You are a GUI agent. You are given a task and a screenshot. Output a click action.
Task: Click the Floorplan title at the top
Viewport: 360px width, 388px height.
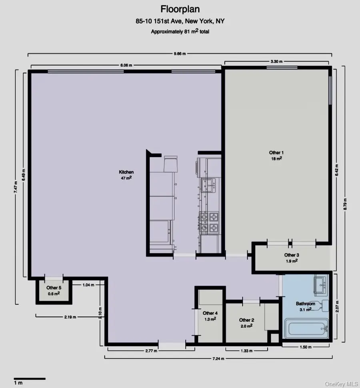tap(180, 9)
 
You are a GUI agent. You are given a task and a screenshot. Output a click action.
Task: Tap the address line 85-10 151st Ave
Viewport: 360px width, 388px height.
tap(180, 21)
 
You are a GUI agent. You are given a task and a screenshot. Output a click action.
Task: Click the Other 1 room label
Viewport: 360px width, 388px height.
tap(276, 153)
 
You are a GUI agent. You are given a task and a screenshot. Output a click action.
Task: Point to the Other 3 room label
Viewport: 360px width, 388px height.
tap(291, 255)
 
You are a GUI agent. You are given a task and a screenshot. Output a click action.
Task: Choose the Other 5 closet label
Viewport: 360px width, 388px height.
tap(54, 288)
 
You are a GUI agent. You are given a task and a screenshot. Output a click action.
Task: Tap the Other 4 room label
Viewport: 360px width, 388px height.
tap(210, 313)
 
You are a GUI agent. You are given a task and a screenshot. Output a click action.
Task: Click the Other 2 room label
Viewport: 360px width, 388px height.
tap(246, 320)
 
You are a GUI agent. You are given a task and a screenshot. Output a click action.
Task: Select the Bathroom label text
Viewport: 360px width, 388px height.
tap(306, 304)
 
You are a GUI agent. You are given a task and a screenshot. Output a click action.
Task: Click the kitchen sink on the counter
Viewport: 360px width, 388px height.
tap(210, 185)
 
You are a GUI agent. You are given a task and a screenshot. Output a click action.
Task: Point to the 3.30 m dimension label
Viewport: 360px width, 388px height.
tap(276, 62)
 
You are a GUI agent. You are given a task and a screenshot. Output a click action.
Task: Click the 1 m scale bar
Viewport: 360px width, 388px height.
tap(30, 378)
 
